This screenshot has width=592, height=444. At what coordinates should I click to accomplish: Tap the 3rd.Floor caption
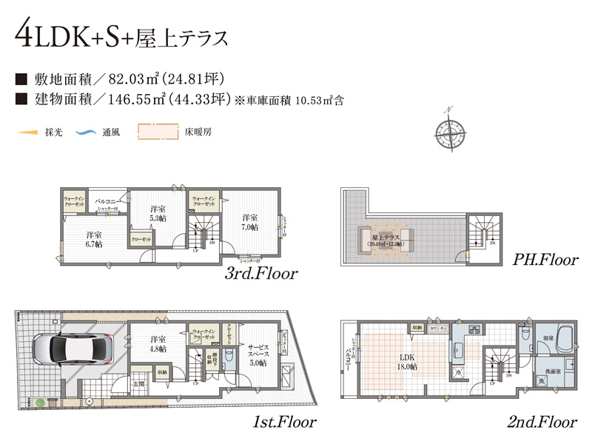[x=261, y=274]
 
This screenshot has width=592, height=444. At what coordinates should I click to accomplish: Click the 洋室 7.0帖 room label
[x=249, y=223]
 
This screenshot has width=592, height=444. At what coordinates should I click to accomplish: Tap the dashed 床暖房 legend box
[x=158, y=132]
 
